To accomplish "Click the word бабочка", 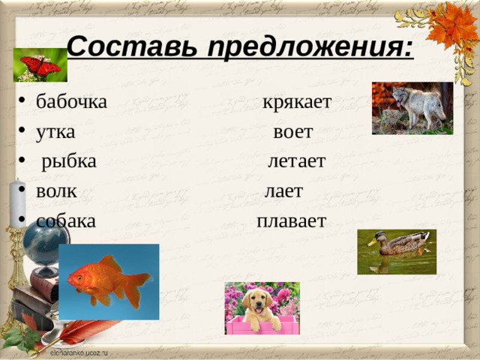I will point(71,101).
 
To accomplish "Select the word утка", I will point(55,132).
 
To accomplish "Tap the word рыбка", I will point(68,161).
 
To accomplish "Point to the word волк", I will point(56,191).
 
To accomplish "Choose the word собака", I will point(65,221).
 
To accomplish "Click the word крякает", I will point(297,101).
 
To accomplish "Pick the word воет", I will point(293,132).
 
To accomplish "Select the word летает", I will point(296,161).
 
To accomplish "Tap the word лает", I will point(284,191).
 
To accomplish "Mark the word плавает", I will point(291,221).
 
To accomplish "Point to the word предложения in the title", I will point(309,49).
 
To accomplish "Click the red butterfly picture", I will point(40,66).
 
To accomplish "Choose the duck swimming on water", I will point(397,244).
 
